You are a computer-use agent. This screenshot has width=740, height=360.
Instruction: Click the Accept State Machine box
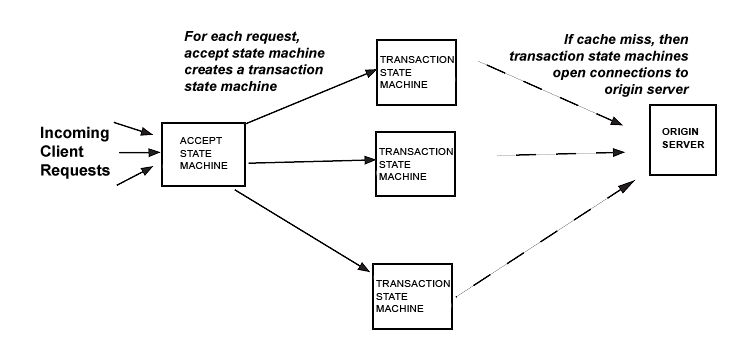tap(203, 154)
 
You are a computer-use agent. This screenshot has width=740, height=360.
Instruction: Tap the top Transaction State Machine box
tap(416, 72)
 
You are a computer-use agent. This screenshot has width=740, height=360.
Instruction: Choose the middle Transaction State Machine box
tap(416, 162)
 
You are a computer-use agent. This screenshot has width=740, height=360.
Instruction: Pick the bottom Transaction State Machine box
tap(412, 297)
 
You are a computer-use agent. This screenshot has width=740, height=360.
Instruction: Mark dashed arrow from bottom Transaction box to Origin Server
tap(550, 240)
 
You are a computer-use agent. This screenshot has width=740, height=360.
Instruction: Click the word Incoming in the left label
tap(75, 133)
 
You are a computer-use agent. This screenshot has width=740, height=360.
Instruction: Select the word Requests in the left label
tap(75, 171)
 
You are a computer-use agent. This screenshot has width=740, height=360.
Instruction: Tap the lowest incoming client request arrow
tap(132, 177)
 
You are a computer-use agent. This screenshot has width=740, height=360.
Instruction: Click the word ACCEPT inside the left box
tap(199, 141)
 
